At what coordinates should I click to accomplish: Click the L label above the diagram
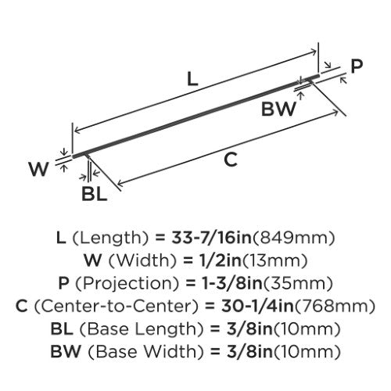192,79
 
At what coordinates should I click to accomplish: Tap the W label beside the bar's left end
38,169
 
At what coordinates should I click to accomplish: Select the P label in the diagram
357,66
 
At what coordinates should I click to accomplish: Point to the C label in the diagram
231,160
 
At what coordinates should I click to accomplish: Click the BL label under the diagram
94,194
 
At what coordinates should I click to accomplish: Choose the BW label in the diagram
278,109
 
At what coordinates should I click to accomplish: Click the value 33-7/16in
211,238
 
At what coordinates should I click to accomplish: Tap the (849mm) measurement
293,238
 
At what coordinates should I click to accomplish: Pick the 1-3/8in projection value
232,283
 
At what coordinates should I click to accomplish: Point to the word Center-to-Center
116,306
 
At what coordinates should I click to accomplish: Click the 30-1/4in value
257,306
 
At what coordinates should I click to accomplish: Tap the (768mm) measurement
335,306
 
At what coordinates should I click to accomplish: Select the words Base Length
142,329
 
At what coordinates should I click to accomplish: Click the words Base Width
145,352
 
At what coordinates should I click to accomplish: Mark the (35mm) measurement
298,283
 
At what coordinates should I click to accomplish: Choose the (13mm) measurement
275,260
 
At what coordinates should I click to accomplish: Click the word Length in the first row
110,238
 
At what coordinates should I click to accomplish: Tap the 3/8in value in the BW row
249,352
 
